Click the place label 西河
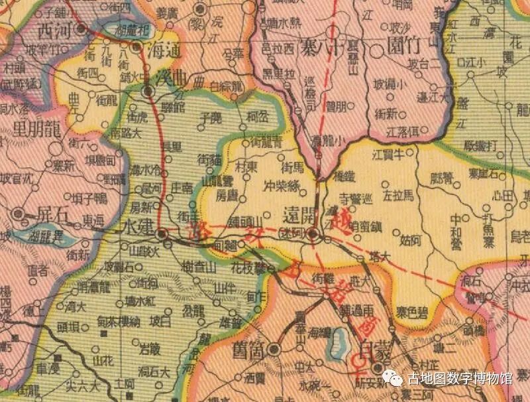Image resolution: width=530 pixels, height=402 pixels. click(x=55, y=30)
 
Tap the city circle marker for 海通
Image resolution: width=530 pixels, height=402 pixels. click(x=136, y=47)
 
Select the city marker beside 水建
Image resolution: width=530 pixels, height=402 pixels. click(x=161, y=234)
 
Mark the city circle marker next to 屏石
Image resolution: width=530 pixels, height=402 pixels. click(x=19, y=214)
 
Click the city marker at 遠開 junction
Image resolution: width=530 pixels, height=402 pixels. click(x=314, y=234)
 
